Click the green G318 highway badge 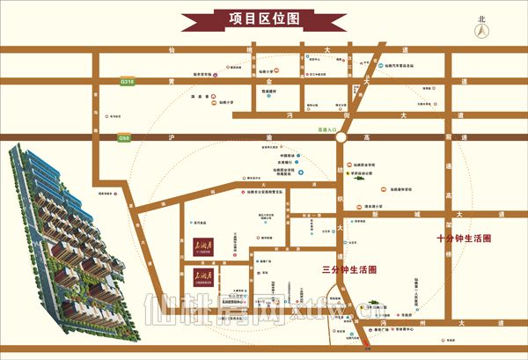[128, 81]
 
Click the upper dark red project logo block [202, 239]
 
